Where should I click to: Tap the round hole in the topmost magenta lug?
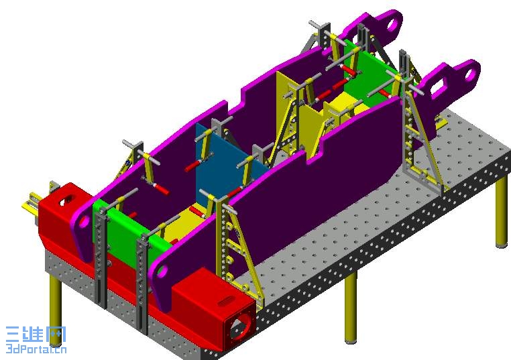tap(392, 25)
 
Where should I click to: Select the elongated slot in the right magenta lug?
tap(440, 87)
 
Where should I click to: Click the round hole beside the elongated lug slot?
tap(469, 75)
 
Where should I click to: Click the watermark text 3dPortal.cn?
tap(36, 349)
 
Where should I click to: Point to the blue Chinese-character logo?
tap(36, 335)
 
